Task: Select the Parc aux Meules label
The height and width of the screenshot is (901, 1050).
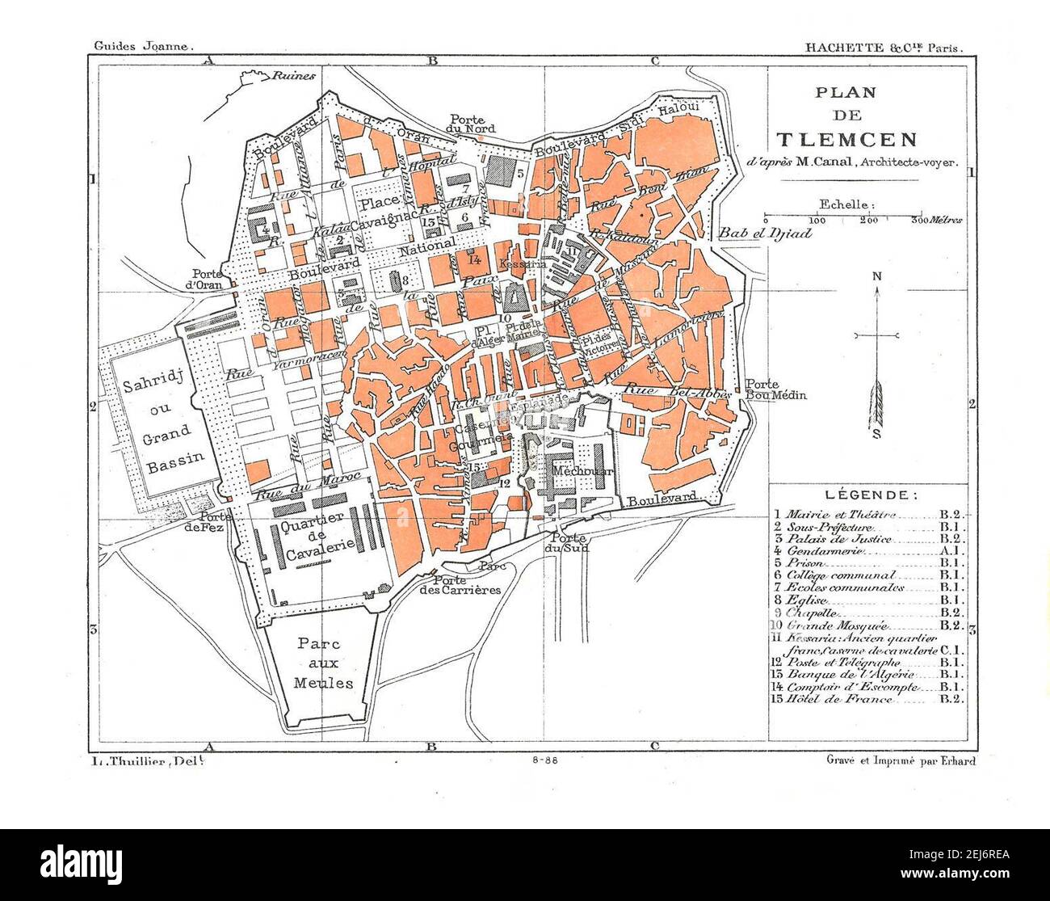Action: (x=324, y=663)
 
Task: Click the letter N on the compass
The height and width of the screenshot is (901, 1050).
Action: (x=876, y=277)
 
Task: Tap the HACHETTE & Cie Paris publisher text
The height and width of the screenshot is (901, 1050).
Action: (x=884, y=48)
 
